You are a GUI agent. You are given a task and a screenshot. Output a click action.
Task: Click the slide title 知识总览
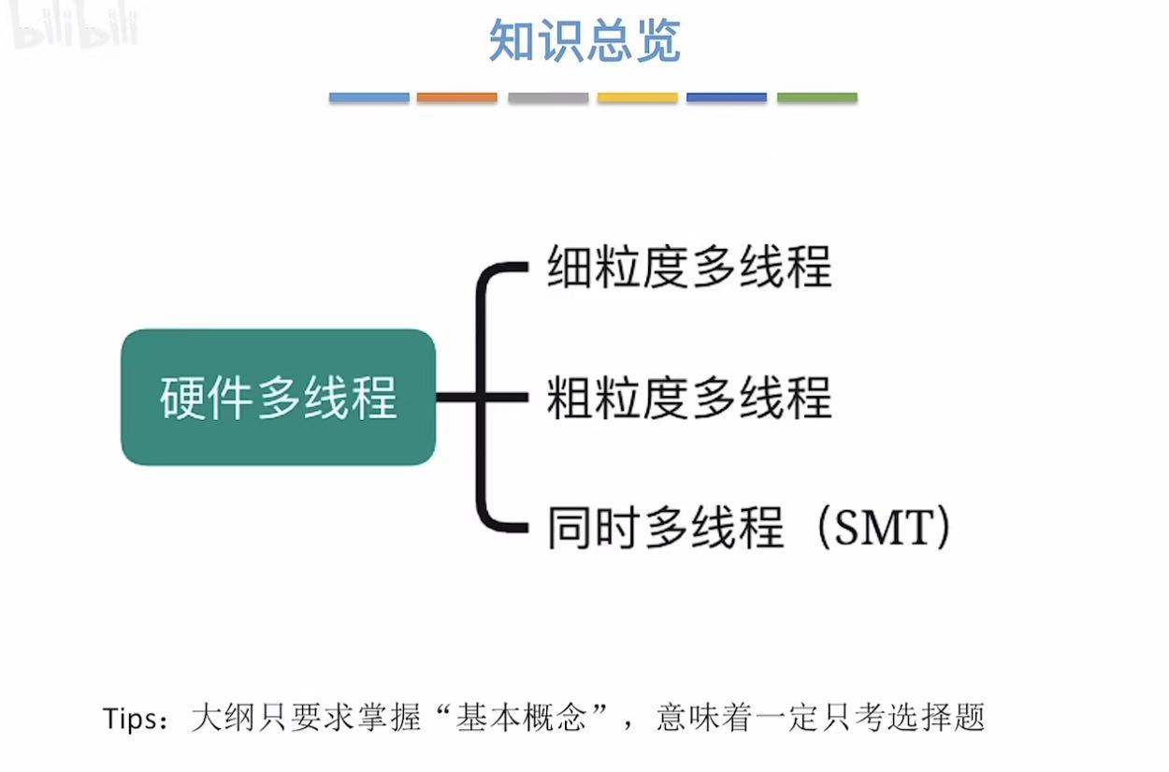click(584, 41)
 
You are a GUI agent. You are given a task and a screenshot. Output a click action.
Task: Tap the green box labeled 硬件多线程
click(278, 397)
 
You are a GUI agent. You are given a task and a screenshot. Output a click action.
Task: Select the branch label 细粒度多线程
click(689, 268)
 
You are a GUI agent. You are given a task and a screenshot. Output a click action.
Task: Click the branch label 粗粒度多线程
click(689, 397)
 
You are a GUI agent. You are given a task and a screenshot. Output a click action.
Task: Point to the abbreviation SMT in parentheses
click(883, 528)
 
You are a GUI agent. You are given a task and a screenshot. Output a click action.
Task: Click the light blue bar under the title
click(368, 97)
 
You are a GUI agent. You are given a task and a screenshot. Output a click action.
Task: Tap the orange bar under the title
click(456, 97)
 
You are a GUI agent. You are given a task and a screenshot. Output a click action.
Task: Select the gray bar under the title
click(548, 97)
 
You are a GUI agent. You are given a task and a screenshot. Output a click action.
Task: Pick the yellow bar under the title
click(637, 97)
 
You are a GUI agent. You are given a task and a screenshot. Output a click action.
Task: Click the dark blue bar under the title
click(726, 97)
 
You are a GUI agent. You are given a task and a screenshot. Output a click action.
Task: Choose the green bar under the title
click(816, 97)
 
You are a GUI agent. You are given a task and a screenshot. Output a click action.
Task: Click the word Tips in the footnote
click(129, 719)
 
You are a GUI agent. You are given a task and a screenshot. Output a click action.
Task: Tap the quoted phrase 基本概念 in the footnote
click(520, 719)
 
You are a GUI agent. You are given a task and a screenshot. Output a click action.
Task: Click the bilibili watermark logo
click(75, 30)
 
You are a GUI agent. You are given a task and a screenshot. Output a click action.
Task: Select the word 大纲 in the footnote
click(221, 719)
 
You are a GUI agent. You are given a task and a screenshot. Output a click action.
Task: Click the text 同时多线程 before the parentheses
click(665, 528)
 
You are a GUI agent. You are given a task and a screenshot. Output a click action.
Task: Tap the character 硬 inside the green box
click(179, 398)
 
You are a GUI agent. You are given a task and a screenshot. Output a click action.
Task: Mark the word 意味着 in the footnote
click(696, 719)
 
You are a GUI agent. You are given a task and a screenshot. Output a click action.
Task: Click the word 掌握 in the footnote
click(397, 719)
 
